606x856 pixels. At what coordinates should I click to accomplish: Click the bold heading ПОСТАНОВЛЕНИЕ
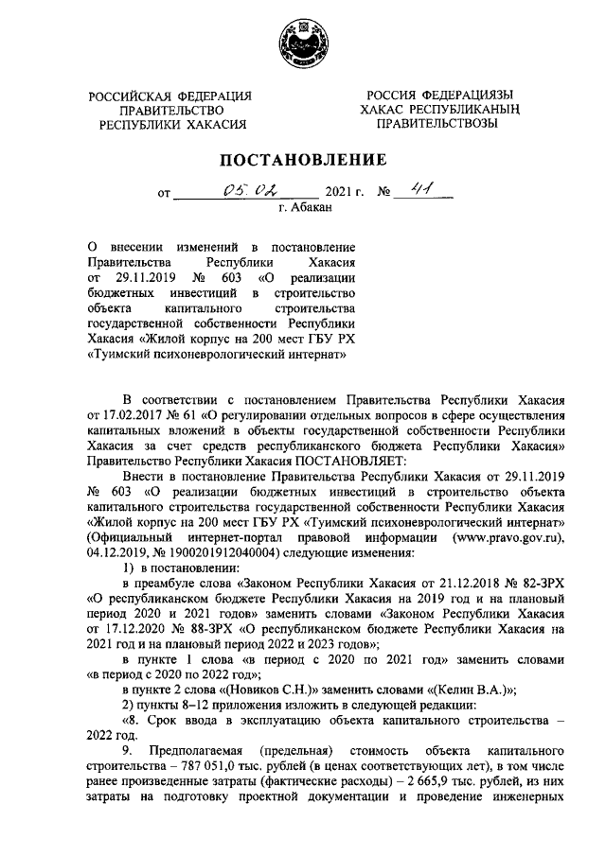coord(303,159)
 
